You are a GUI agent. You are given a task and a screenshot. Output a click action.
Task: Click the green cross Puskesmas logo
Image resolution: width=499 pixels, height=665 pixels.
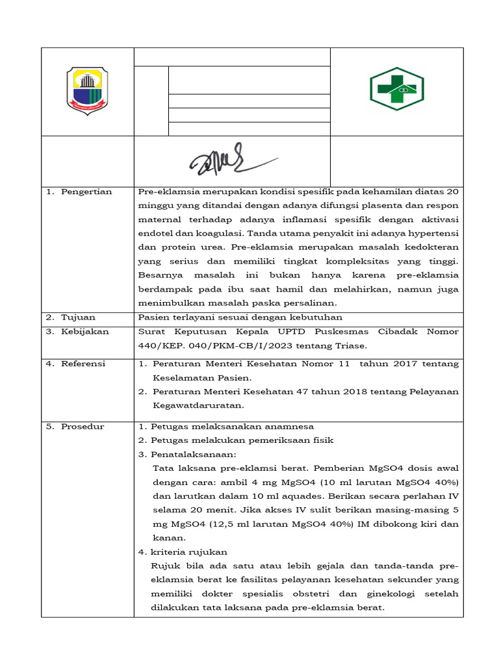click(396, 89)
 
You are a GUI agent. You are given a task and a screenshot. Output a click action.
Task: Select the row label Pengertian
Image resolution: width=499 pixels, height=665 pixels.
click(86, 192)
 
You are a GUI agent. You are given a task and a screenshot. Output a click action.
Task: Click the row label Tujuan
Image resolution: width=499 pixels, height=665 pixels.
click(78, 318)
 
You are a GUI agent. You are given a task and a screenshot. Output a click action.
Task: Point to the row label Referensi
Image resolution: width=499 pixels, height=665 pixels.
click(83, 364)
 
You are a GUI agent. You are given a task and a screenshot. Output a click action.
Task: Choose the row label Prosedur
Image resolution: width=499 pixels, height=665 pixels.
click(83, 427)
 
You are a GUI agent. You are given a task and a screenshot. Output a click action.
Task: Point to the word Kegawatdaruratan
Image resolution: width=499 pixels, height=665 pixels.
click(198, 405)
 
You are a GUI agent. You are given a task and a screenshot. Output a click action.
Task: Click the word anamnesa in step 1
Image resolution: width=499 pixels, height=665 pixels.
click(287, 427)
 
